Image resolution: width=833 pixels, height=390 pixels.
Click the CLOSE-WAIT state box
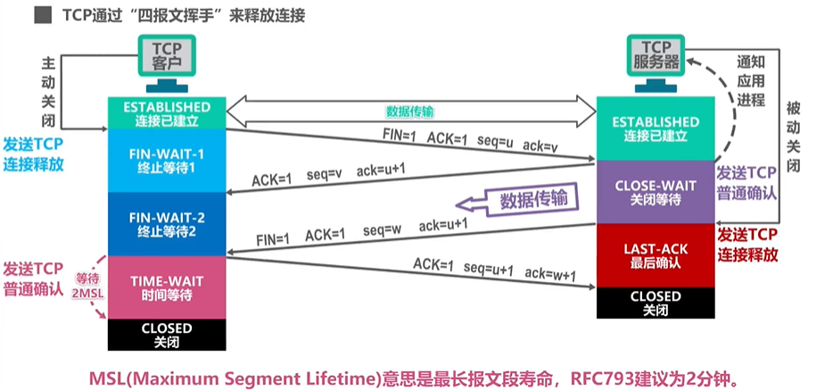[x=655, y=192]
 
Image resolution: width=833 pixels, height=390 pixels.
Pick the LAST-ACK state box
[x=655, y=254]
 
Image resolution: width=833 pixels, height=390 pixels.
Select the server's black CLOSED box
[x=655, y=302]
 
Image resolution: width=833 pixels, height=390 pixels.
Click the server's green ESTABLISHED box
[x=655, y=128]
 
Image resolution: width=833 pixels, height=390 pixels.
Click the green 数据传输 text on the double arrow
[x=409, y=112]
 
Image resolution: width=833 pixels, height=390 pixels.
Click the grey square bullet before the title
[x=41, y=16]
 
